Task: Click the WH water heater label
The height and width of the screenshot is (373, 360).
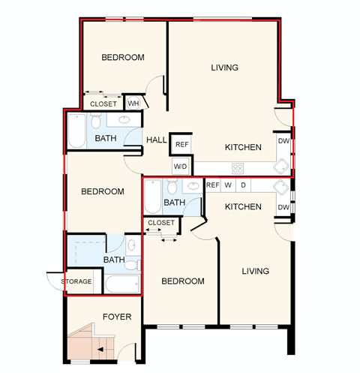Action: [x=133, y=103]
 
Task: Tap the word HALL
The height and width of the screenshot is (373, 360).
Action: [x=157, y=140]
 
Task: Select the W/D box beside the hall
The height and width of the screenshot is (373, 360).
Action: [x=180, y=166]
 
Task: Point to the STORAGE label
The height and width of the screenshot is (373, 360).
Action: [x=77, y=281]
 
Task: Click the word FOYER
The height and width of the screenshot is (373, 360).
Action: [x=117, y=317]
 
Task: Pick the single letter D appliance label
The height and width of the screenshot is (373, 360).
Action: [x=243, y=185]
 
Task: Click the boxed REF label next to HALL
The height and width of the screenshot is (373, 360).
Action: [x=181, y=143]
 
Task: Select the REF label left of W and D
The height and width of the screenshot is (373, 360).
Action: [x=212, y=185]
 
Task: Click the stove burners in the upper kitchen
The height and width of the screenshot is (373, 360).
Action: [x=238, y=167]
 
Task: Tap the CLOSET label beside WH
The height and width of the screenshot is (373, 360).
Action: [x=103, y=104]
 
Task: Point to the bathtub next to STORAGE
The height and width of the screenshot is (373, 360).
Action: [x=122, y=284]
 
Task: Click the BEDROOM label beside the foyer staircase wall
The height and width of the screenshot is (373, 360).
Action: [x=184, y=281]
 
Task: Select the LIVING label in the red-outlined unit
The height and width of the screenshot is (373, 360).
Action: [x=224, y=68]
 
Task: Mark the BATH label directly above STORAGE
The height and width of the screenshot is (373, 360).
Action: [x=114, y=260]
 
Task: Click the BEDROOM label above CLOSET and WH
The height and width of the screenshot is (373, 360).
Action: [x=124, y=57]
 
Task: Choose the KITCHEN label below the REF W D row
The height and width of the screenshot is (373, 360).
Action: [x=243, y=206]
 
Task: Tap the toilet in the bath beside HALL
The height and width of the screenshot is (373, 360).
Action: [x=97, y=122]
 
